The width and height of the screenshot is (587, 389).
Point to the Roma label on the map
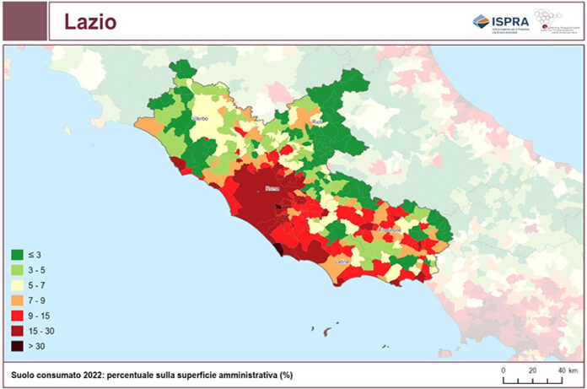[x=272, y=189]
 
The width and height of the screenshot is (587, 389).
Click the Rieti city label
[x=317, y=122]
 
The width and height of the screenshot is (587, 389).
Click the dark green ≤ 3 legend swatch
[x=16, y=254]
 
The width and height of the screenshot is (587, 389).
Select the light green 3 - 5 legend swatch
[x=16, y=270]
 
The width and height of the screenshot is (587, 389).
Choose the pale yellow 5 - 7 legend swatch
[x=16, y=285]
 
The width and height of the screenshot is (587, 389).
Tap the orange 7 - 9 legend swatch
[x=16, y=300]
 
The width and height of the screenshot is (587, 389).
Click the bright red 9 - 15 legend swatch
[x=16, y=316]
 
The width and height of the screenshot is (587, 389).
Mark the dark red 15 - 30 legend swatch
[x=16, y=331]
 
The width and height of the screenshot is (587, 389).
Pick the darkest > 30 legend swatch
[x=16, y=346]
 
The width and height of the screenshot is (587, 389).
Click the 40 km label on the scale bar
[x=566, y=370]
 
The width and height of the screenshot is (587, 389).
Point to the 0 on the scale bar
[x=504, y=370]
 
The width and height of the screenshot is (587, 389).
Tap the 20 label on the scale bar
[x=532, y=370]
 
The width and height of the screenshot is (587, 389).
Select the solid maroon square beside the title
[x=24, y=21]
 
